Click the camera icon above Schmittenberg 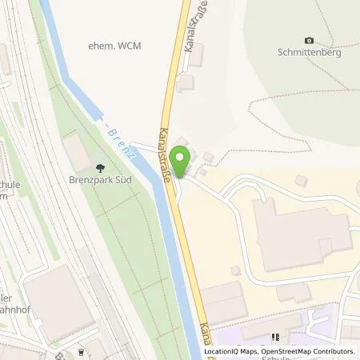tap(310, 41)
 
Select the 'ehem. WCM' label tap(114, 46)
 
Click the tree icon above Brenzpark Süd tap(100, 168)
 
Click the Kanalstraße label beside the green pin tap(169, 155)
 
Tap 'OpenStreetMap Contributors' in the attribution tap(304, 351)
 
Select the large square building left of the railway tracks tap(57, 301)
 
